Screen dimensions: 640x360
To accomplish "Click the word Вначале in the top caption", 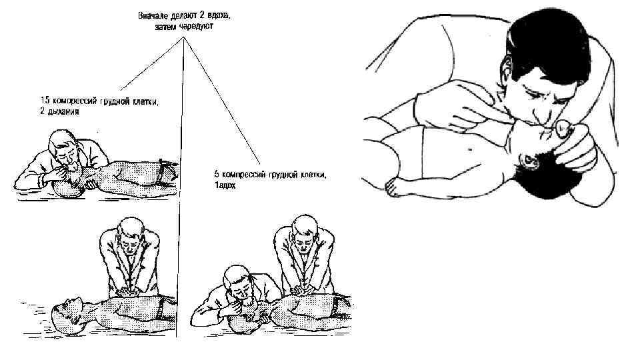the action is tap(152, 14).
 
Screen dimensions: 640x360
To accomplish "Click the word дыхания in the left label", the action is tap(64, 111).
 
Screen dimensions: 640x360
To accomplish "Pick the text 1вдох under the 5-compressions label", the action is tap(225, 185).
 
